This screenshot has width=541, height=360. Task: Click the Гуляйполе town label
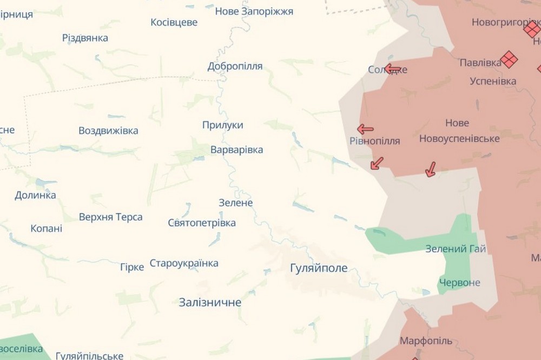tap(319, 268)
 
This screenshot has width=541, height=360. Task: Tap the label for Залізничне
tap(210, 303)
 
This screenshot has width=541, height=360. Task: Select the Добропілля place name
tap(235, 66)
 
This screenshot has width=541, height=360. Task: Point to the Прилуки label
tap(222, 125)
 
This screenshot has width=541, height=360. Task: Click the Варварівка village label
tap(236, 150)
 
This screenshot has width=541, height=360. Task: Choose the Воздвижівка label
tap(108, 131)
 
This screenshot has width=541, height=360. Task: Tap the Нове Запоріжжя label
tap(254, 11)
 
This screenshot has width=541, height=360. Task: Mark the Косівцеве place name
tap(174, 23)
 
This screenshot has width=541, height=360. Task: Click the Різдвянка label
tap(85, 38)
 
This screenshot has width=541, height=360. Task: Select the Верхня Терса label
tap(111, 217)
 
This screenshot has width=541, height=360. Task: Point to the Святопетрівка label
tap(201, 223)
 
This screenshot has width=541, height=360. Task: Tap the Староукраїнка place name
tap(184, 263)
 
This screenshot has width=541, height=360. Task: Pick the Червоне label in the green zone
tap(459, 283)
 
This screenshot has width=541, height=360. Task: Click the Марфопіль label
tap(426, 341)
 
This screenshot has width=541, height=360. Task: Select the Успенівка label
tap(492, 82)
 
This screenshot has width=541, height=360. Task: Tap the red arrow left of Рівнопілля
tap(365, 129)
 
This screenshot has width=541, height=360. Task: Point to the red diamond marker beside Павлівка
tap(509, 59)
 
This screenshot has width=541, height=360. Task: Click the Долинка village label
tap(35, 196)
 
